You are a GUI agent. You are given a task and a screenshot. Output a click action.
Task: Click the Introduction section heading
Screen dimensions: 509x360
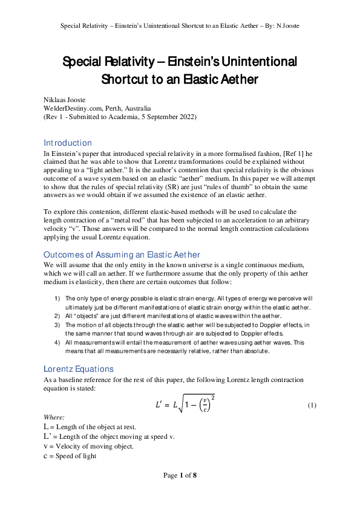68,143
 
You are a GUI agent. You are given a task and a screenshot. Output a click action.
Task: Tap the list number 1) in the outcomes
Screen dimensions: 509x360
58,299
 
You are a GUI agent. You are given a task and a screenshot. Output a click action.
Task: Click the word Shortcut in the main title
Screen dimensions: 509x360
128,79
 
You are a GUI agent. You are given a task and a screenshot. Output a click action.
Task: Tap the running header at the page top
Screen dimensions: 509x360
180,26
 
